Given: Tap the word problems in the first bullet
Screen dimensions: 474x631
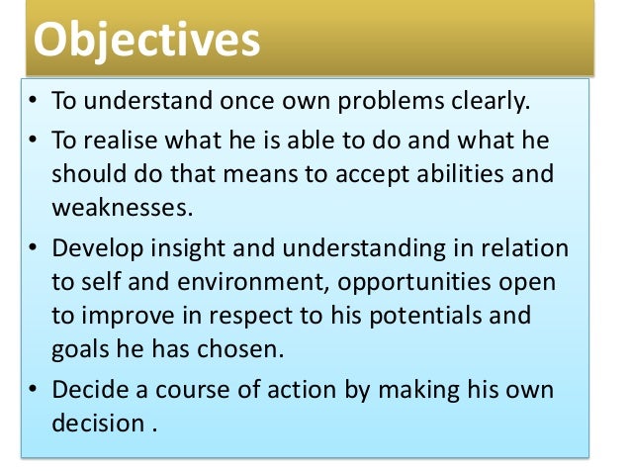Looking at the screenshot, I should pos(380,102).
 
